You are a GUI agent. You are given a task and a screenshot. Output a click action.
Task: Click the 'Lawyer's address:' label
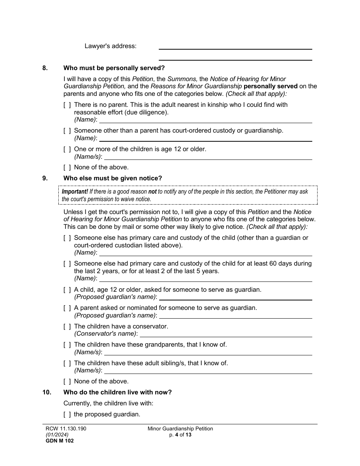point(110,46)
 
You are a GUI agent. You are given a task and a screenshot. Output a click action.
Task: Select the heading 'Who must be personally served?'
point(114,68)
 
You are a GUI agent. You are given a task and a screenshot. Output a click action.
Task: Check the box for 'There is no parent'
point(67,105)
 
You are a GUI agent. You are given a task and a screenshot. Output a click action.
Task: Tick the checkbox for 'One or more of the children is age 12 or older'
point(67,149)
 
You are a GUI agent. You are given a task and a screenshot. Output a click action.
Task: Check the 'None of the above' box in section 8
point(67,167)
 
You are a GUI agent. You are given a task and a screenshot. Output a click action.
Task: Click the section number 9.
point(45,178)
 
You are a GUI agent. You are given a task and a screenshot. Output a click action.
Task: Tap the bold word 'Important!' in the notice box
point(75,192)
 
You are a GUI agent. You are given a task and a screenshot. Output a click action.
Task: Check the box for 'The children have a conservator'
point(67,327)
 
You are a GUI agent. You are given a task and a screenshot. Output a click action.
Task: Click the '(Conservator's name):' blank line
point(226,334)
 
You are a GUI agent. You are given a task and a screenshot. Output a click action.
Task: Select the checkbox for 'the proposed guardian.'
point(67,414)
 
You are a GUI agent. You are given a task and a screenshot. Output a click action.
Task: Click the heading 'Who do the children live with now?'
point(117,393)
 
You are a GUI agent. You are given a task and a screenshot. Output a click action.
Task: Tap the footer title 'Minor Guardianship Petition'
point(180,429)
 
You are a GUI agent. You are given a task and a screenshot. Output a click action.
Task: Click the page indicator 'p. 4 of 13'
point(180,435)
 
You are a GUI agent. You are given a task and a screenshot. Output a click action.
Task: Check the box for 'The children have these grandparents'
point(67,345)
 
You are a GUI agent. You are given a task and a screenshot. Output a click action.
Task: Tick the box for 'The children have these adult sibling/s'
point(67,363)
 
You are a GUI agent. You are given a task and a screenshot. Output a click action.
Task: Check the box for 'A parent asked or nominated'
point(67,308)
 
